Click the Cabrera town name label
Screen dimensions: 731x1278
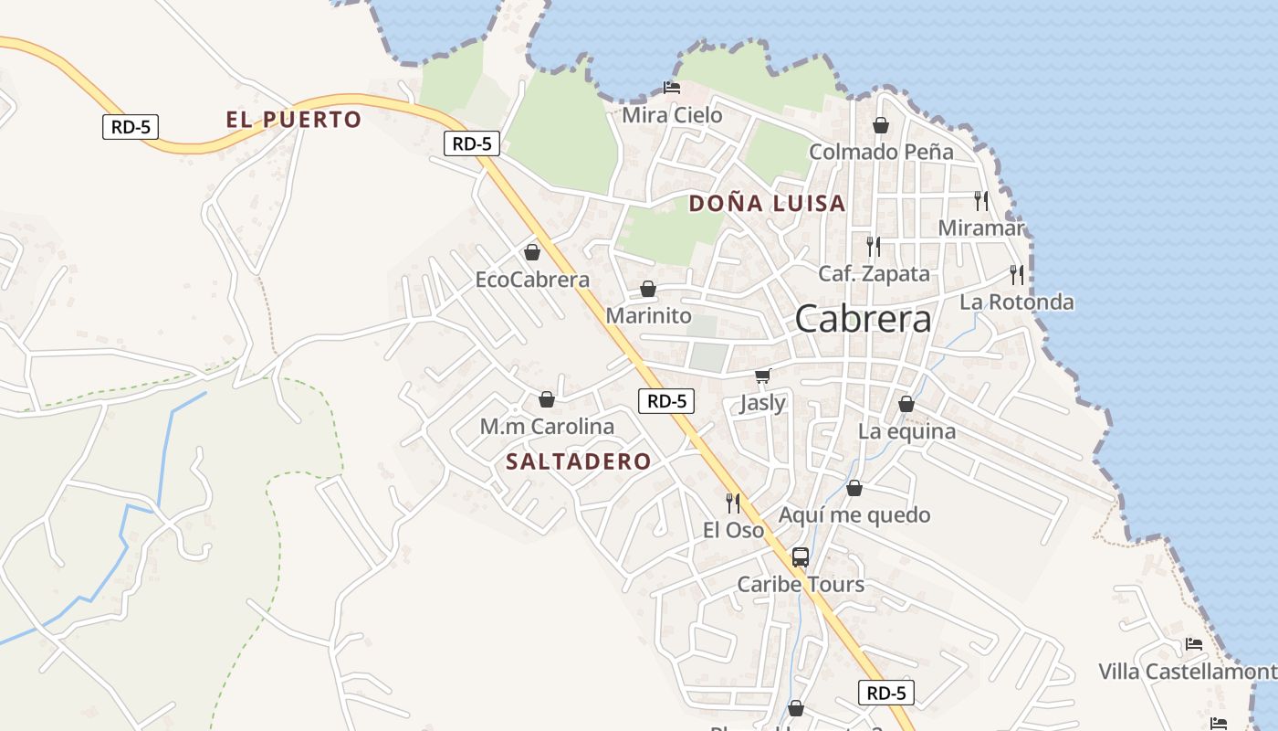click(863, 319)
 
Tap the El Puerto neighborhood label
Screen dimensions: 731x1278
click(294, 120)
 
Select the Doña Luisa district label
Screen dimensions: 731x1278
click(767, 203)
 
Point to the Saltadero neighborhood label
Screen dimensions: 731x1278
click(578, 461)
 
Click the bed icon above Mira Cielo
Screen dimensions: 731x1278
click(672, 88)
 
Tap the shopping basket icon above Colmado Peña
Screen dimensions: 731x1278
click(881, 125)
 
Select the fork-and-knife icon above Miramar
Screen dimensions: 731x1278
click(981, 200)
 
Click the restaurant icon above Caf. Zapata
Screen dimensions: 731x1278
click(874, 246)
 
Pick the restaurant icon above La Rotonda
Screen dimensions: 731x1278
click(1017, 274)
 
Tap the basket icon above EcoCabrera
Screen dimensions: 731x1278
click(532, 252)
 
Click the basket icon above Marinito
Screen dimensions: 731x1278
click(648, 289)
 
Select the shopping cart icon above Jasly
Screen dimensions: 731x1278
click(763, 376)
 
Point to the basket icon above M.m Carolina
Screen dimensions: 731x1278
click(547, 399)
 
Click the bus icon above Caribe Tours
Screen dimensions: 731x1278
click(801, 556)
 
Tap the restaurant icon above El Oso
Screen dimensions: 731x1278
click(733, 503)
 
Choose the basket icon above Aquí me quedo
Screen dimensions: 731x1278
click(854, 488)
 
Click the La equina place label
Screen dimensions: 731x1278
click(906, 431)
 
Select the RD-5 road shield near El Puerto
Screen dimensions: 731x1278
click(131, 127)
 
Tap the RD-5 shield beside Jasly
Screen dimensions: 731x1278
click(666, 400)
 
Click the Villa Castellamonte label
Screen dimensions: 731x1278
click(1187, 672)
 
